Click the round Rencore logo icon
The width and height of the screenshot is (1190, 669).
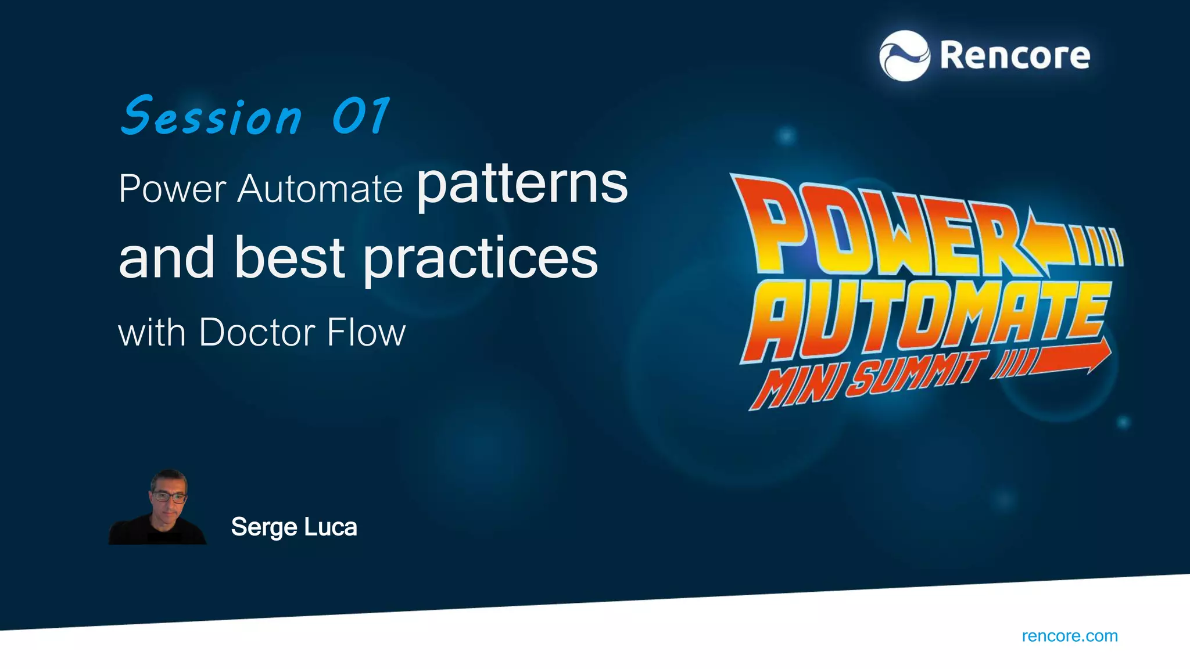point(904,56)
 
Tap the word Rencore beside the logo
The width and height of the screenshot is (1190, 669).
point(1015,56)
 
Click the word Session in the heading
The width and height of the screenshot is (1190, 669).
point(212,117)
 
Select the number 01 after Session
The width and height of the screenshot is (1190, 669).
point(361,116)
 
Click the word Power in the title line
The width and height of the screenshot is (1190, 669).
point(172,189)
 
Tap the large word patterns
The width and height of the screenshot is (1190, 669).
point(522,186)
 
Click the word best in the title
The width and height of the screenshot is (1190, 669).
point(290,258)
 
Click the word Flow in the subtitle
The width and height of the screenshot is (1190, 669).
point(366,333)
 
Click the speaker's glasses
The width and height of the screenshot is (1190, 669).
point(169,497)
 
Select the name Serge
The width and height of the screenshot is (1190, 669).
point(264,527)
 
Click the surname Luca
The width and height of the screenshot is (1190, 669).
point(330,527)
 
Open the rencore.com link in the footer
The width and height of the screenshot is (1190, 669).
point(1069,636)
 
